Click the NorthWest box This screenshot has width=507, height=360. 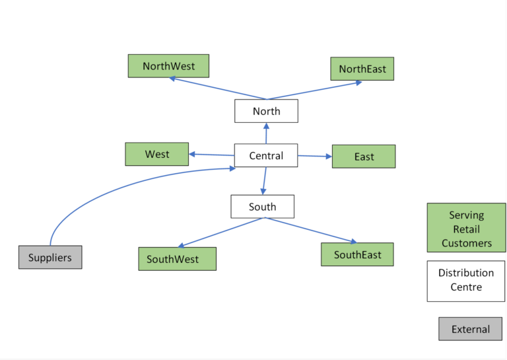(x=168, y=66)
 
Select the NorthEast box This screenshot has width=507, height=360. (x=362, y=69)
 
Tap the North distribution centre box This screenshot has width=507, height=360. (x=266, y=111)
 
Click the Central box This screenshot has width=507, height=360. (x=266, y=156)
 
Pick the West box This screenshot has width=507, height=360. (x=157, y=154)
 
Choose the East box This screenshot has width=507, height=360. (x=363, y=157)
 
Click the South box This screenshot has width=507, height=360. (x=262, y=207)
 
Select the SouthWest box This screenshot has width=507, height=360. (x=177, y=259)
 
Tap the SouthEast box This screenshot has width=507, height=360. (x=356, y=254)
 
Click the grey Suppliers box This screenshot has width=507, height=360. (x=50, y=257)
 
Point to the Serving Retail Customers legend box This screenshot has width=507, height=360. (x=466, y=228)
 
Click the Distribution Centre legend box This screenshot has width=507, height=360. (x=465, y=280)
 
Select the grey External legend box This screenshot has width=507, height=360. (x=470, y=329)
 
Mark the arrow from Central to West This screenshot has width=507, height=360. (x=211, y=155)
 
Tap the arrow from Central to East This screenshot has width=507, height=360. (x=315, y=157)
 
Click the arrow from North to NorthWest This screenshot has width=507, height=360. (x=218, y=89)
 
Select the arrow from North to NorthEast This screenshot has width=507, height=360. (x=314, y=90)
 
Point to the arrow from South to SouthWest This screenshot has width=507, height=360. (x=221, y=233)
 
